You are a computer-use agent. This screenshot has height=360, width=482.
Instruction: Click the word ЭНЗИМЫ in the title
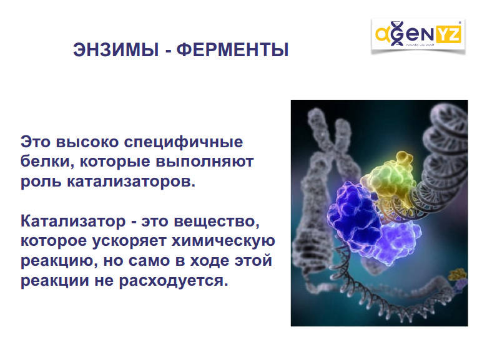[x=116, y=49]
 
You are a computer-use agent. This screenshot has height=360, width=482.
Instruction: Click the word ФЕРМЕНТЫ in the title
[x=233, y=49]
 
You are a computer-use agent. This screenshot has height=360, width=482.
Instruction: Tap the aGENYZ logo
[x=418, y=35]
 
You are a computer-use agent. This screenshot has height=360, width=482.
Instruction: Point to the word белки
[x=47, y=162]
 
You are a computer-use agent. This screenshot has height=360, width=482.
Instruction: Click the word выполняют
[x=205, y=162]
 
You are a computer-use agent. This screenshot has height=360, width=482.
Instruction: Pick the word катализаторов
[x=131, y=182]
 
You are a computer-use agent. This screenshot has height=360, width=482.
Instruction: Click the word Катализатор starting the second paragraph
[x=73, y=221]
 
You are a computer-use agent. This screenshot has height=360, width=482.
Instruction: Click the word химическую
[x=223, y=241]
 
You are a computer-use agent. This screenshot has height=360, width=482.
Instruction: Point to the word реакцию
[x=59, y=261]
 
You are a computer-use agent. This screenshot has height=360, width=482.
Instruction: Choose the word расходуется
[x=174, y=281]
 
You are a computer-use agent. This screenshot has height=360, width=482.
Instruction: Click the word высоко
[x=87, y=142]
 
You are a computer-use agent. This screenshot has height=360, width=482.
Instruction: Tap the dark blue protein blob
[x=353, y=216]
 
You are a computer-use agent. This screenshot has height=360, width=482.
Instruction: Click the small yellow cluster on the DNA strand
[x=457, y=274]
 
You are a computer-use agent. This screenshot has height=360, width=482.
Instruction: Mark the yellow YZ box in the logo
[x=448, y=34]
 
